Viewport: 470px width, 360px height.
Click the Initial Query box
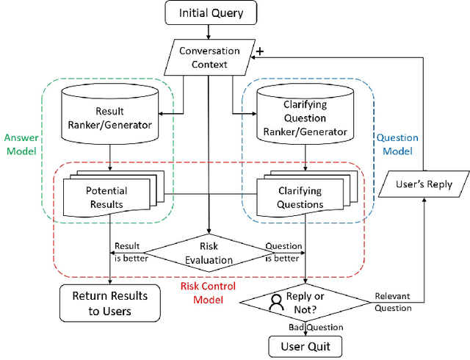pyautogui.click(x=210, y=12)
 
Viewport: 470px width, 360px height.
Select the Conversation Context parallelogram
pyautogui.click(x=210, y=57)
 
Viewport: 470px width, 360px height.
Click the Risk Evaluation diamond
pyautogui.click(x=210, y=253)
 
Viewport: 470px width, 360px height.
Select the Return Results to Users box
pyautogui.click(x=109, y=303)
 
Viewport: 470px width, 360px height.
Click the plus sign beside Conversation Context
pyautogui.click(x=260, y=51)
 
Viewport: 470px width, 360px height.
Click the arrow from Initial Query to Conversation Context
pyautogui.click(x=210, y=32)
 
